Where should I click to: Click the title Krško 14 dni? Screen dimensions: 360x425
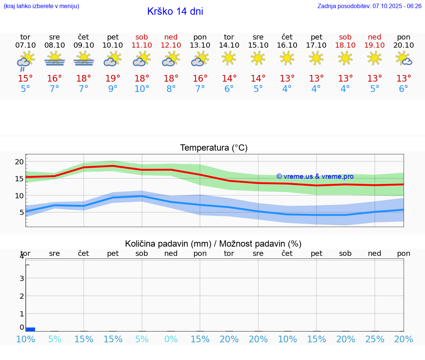(x=175, y=11)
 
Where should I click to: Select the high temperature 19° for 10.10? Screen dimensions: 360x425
(x=113, y=79)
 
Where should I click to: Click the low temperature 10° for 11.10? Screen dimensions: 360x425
(x=142, y=89)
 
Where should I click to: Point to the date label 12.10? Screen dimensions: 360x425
(x=171, y=45)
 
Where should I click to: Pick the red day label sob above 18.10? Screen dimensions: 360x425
(x=345, y=37)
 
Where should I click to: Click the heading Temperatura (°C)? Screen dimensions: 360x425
(x=214, y=148)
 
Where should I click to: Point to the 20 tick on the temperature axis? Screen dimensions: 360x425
(x=19, y=162)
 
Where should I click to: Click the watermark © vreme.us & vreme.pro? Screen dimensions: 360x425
(x=315, y=176)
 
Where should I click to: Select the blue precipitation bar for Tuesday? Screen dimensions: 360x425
(x=31, y=329)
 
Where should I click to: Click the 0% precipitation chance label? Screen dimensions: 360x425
(x=171, y=339)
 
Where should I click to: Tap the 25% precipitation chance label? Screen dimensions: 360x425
(x=375, y=339)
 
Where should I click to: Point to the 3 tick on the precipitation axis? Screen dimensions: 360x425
(x=22, y=278)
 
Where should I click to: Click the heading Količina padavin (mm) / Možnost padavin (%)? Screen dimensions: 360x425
(x=213, y=244)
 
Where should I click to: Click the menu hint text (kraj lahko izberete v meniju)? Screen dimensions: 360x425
(x=41, y=6)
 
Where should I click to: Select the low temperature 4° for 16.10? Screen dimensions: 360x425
(x=287, y=89)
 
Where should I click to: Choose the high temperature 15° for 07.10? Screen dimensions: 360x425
(x=25, y=79)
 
